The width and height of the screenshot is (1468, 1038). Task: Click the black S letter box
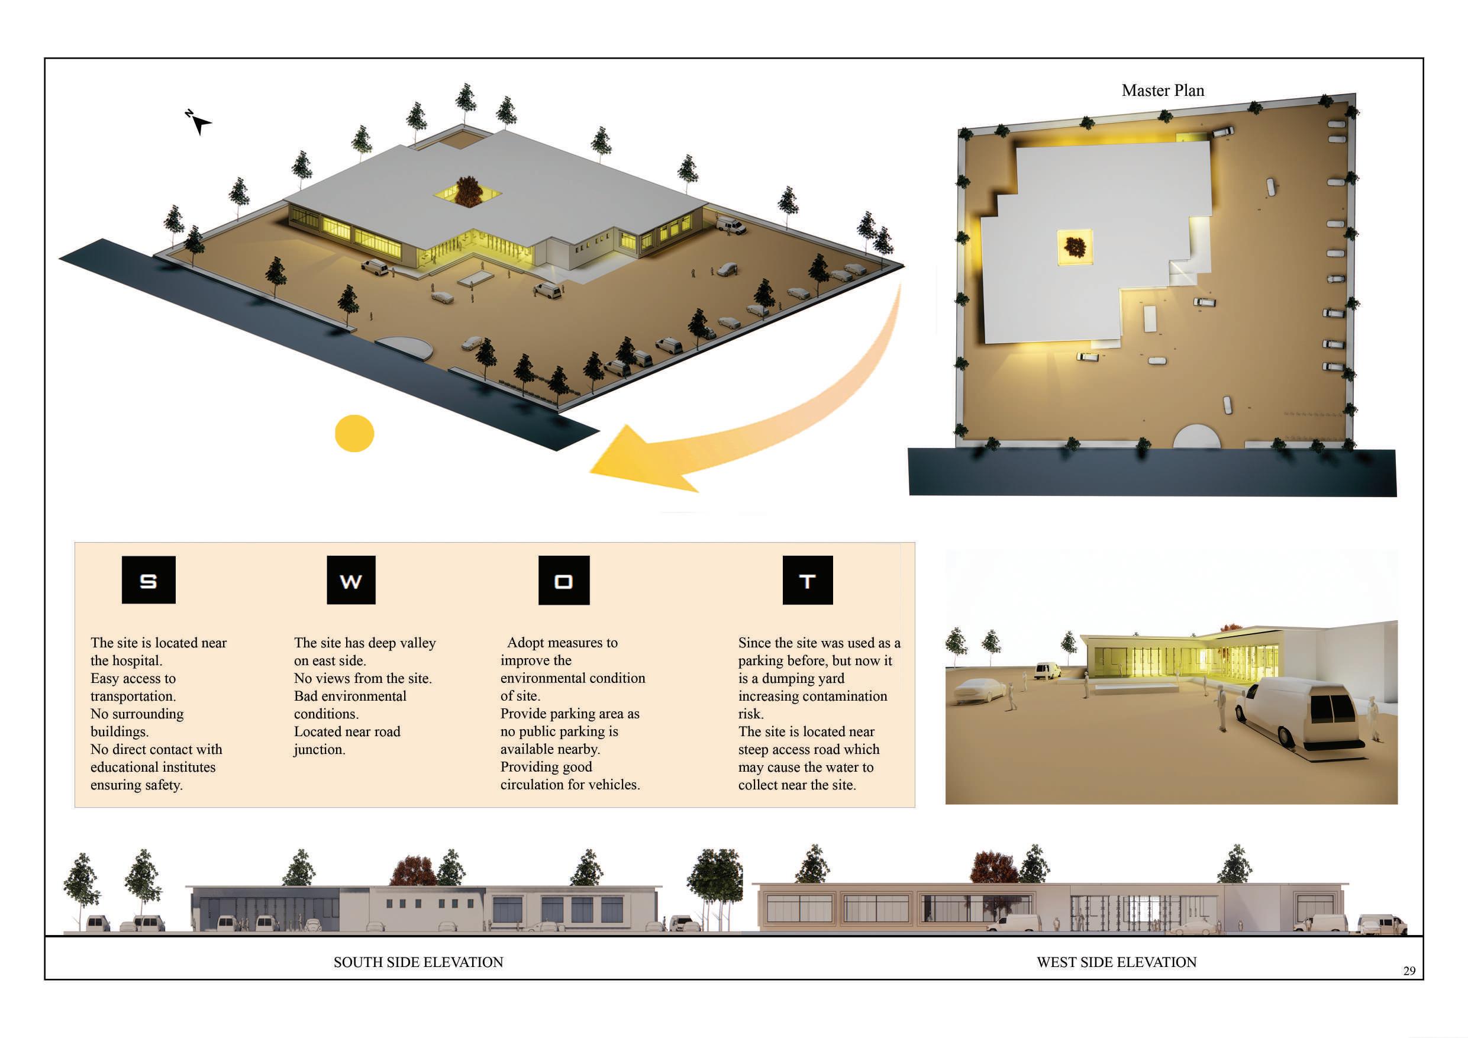pos(149,579)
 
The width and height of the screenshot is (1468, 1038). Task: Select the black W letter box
pos(351,580)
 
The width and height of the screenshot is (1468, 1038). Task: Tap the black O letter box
pos(563,580)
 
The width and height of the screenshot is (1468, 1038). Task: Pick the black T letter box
pos(807,580)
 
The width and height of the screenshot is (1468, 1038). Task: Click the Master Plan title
pos(1162,91)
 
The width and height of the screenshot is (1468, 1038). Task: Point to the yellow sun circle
pos(354,434)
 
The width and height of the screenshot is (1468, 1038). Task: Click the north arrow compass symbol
pos(199,121)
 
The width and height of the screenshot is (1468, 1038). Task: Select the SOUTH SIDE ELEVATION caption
pos(418,962)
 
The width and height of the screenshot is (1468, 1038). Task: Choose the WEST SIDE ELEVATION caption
pos(1117,962)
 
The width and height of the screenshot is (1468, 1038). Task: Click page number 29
pos(1409,971)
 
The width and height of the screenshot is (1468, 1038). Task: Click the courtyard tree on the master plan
pos(1075,246)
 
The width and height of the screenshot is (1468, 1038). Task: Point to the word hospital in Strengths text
pos(138,660)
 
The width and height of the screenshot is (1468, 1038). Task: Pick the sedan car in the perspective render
pos(979,691)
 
